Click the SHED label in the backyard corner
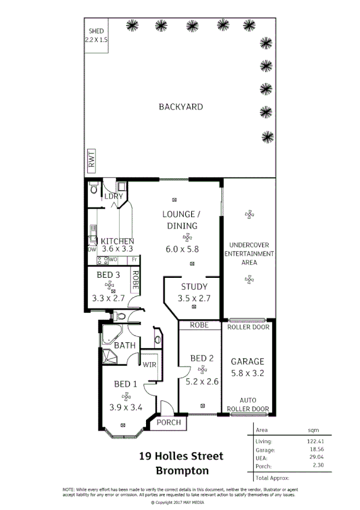click(x=96, y=31)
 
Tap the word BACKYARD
click(x=180, y=107)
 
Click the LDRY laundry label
click(x=113, y=196)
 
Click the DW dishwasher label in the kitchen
click(x=92, y=249)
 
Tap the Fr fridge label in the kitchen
click(x=135, y=260)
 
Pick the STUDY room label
click(x=193, y=287)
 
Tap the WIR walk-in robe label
click(x=149, y=364)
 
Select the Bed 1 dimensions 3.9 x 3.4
click(x=126, y=407)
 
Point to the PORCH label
click(x=169, y=422)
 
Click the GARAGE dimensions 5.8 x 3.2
click(x=248, y=372)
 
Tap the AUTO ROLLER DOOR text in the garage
click(x=248, y=404)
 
